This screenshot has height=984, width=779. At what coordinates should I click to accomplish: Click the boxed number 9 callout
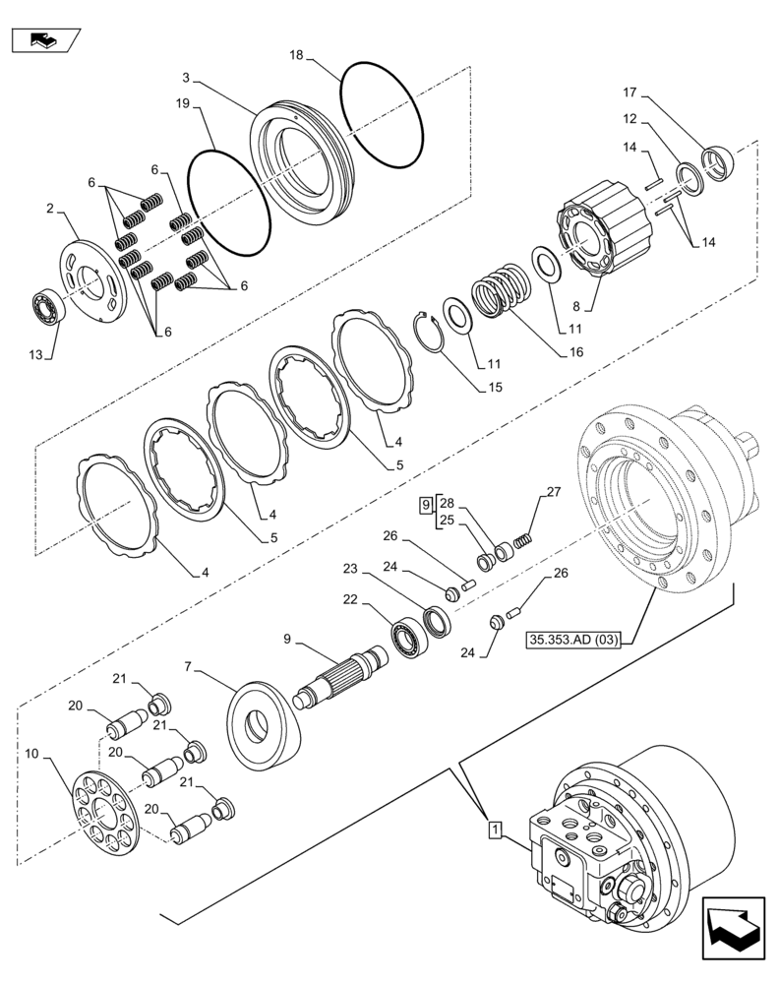click(425, 506)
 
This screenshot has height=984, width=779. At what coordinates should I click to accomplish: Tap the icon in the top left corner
click(45, 41)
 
